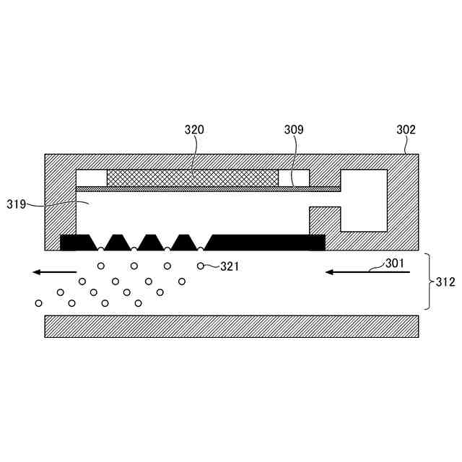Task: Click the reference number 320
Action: pyautogui.click(x=194, y=130)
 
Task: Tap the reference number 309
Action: pyautogui.click(x=294, y=130)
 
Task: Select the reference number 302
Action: pyautogui.click(x=406, y=130)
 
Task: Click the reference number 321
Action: pyautogui.click(x=230, y=267)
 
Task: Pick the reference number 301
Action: pyautogui.click(x=394, y=263)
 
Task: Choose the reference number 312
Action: pyautogui.click(x=446, y=282)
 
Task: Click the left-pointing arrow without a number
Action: pyautogui.click(x=54, y=272)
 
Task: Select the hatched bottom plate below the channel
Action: pyautogui.click(x=231, y=326)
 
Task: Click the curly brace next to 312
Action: pyautogui.click(x=427, y=282)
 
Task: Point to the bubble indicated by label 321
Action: pyautogui.click(x=201, y=266)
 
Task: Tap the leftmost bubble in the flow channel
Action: pyautogui.click(x=38, y=302)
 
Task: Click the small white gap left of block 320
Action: pyautogui.click(x=91, y=178)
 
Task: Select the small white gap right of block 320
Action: pyautogui.click(x=294, y=178)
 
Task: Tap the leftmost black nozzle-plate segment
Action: pyautogui.click(x=76, y=242)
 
